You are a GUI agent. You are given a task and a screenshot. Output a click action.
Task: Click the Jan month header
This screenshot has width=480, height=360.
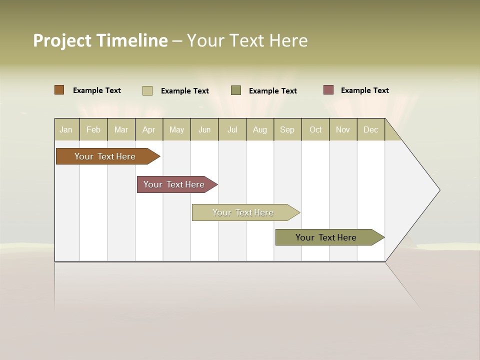click(x=66, y=129)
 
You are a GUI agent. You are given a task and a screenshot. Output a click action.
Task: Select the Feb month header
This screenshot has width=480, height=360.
click(x=93, y=129)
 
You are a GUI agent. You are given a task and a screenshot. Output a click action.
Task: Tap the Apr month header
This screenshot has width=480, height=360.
click(x=148, y=129)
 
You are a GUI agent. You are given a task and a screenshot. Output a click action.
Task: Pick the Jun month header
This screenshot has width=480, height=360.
click(x=204, y=129)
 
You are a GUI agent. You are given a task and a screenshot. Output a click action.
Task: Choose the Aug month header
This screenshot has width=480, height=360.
click(x=259, y=129)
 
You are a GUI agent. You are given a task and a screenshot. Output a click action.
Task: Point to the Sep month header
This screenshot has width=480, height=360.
click(x=287, y=129)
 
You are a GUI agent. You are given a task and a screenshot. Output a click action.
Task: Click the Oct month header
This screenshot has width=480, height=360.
click(x=315, y=129)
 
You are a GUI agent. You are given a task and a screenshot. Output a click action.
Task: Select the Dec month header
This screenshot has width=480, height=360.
click(x=370, y=129)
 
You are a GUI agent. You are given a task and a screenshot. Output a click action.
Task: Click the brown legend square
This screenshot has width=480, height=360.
click(x=59, y=90)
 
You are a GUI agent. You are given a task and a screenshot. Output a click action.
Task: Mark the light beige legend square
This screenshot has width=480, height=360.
click(x=147, y=90)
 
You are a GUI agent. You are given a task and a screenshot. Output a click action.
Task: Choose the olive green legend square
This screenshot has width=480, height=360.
click(x=236, y=90)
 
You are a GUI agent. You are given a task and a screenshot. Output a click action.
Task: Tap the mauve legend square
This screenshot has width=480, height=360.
click(x=328, y=90)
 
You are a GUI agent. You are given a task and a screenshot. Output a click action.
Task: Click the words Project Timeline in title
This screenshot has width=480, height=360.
click(x=100, y=40)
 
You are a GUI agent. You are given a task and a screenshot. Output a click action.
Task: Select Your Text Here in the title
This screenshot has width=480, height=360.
click(x=247, y=40)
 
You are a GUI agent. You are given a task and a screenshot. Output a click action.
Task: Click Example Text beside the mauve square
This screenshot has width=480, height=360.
click(x=364, y=90)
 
